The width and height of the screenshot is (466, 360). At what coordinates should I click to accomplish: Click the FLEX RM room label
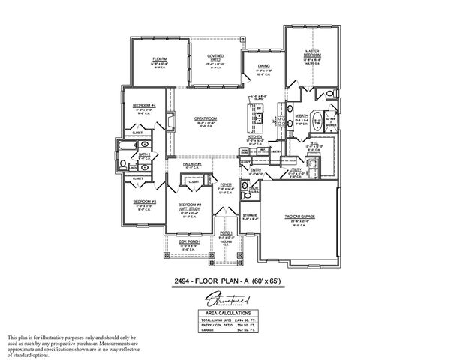pos(159,58)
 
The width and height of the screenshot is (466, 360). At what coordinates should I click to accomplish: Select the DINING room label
pos(264,67)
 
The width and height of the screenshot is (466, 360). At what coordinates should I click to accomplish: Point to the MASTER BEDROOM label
pos(312,53)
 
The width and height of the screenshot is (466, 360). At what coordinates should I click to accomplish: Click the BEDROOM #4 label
pos(143,105)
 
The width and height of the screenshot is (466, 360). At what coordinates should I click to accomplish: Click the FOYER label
pos(225,184)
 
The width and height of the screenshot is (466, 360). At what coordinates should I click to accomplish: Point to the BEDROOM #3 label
pos(143,202)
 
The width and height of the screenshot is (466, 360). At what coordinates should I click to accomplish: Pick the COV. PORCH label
pos(188,243)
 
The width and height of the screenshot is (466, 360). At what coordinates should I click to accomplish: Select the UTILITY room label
pos(296,170)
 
